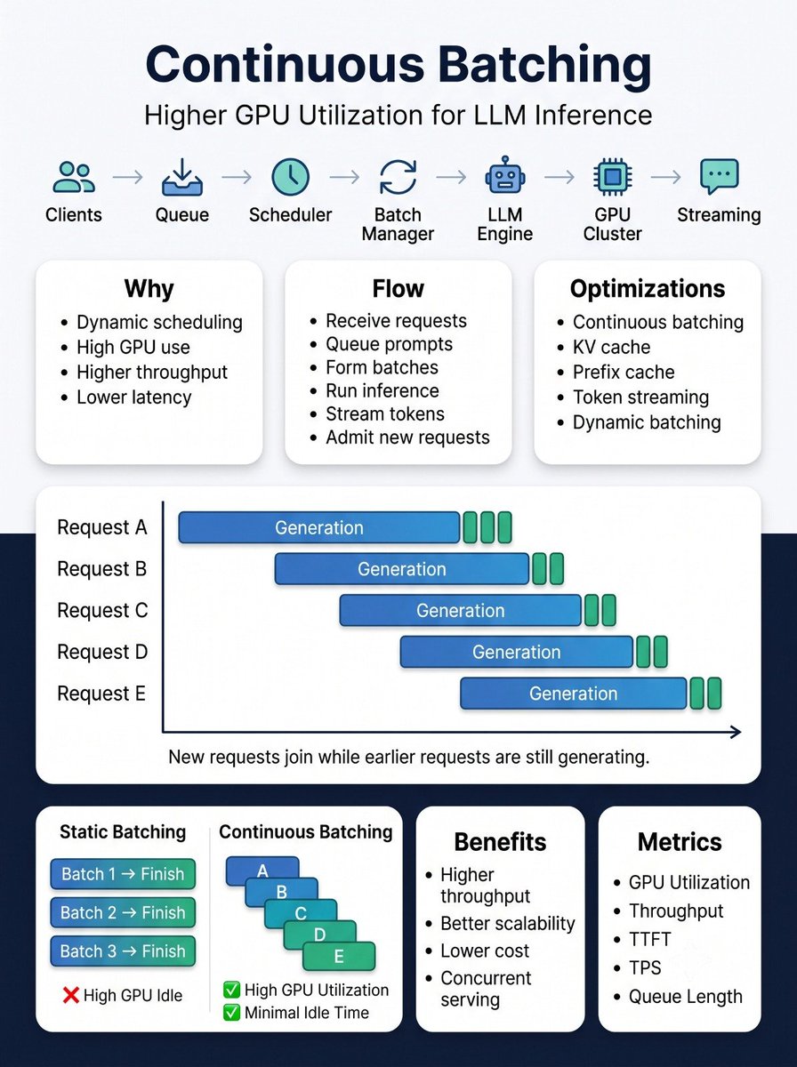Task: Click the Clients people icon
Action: (x=74, y=177)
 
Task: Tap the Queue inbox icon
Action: (x=181, y=177)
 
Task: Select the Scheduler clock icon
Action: (x=290, y=177)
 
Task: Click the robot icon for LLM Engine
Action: (x=505, y=175)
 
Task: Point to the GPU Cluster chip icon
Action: (x=613, y=177)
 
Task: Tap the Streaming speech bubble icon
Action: (x=720, y=176)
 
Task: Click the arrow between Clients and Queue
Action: (x=127, y=178)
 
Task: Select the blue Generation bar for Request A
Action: (x=319, y=527)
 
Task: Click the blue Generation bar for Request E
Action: (x=574, y=694)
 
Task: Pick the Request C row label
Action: (x=102, y=611)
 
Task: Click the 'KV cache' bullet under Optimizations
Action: (x=611, y=347)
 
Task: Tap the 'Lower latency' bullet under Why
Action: (x=133, y=397)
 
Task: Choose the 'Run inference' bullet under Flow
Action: (x=382, y=391)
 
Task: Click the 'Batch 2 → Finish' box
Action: (x=123, y=912)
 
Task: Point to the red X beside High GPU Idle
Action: (x=71, y=995)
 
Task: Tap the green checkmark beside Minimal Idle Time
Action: (x=231, y=1013)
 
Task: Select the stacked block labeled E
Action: (x=339, y=956)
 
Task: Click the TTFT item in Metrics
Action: (x=649, y=939)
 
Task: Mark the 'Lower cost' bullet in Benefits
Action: (x=484, y=951)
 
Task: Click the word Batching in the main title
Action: (x=544, y=65)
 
